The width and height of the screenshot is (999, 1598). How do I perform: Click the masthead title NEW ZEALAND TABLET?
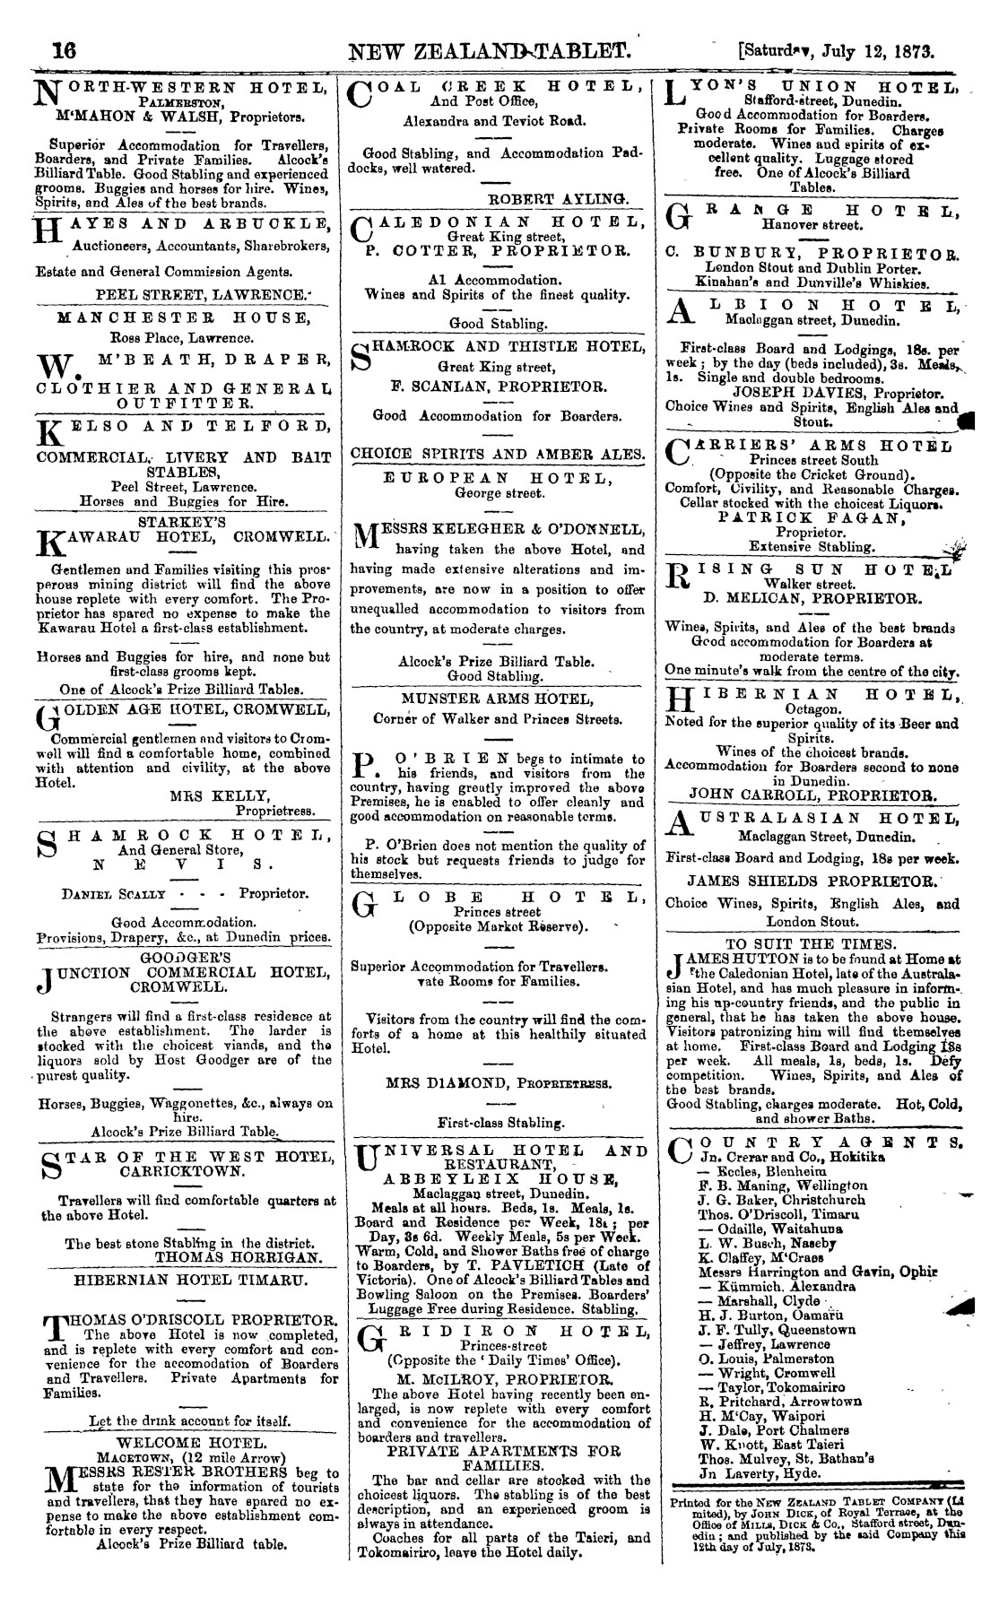coord(495,50)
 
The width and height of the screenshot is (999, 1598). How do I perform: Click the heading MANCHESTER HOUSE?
coord(183,317)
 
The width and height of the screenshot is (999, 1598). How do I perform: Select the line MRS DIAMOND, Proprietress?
coord(498,1082)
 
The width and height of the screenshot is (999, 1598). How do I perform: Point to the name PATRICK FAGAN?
coord(814,517)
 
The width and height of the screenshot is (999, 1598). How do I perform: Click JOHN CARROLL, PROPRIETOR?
coord(813,794)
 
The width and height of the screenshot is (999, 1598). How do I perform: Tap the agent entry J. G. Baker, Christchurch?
coord(781,1199)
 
